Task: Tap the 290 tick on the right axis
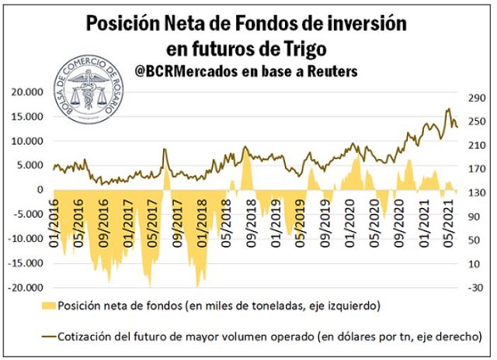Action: coord(474,98)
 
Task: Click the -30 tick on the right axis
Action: coord(473,287)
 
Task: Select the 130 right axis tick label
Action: coord(474,192)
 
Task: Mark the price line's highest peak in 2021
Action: coord(448,109)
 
